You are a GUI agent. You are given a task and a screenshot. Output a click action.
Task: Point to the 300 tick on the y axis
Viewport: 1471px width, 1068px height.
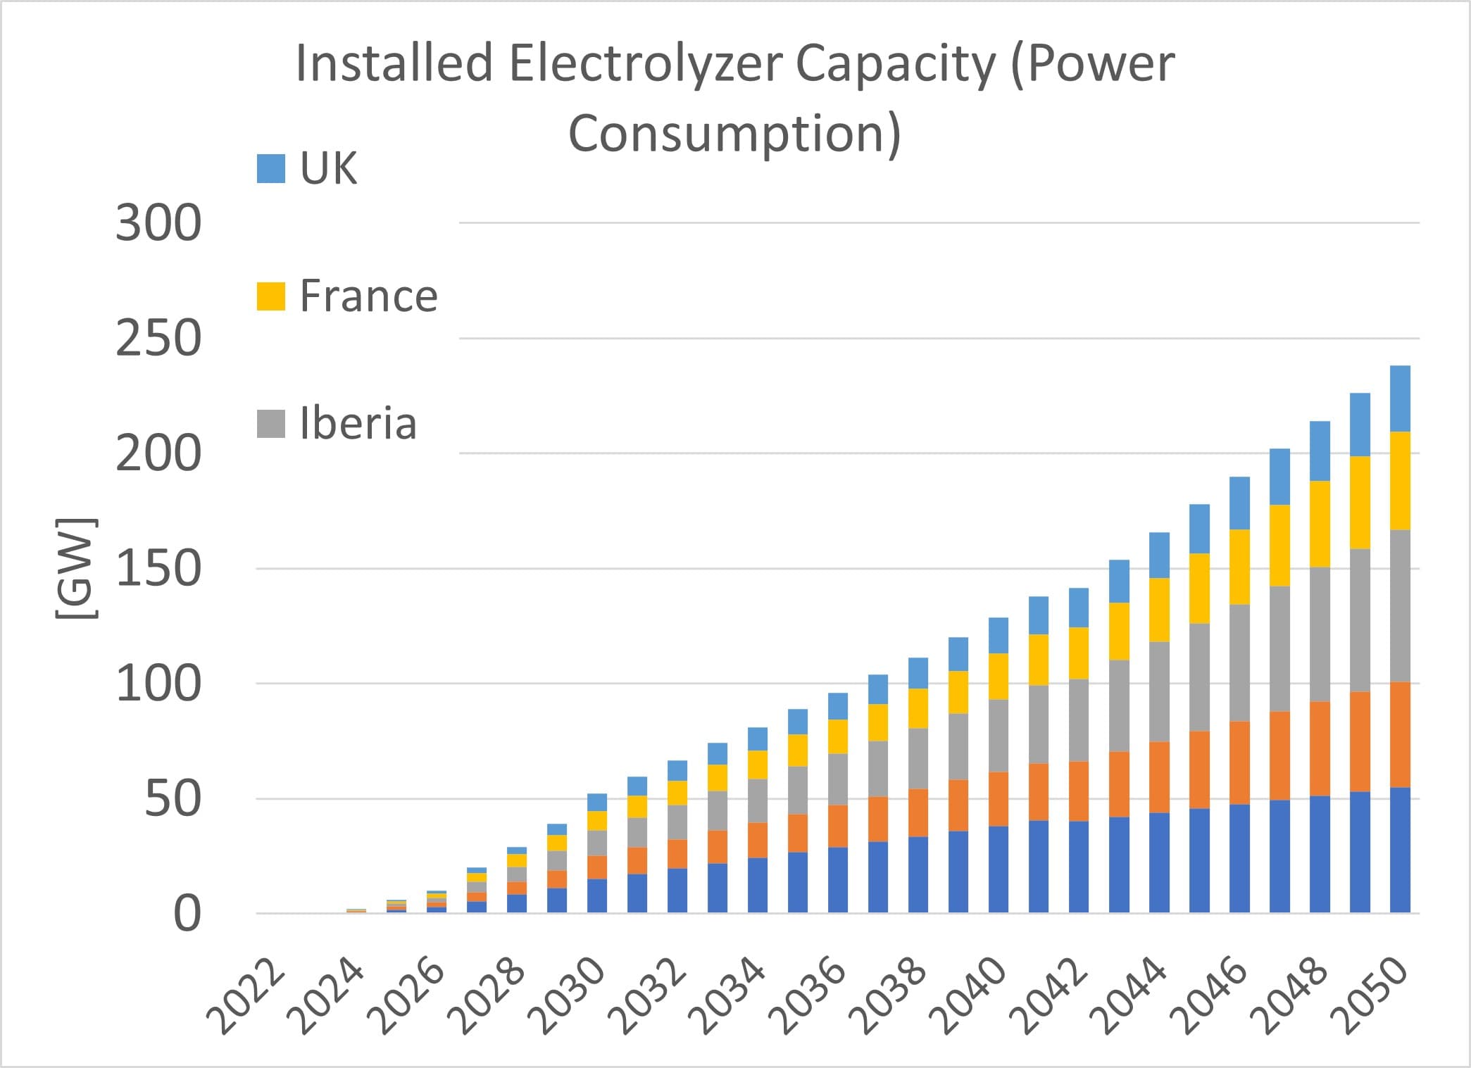tap(158, 223)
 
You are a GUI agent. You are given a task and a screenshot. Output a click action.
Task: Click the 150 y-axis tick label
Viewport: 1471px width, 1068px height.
tap(158, 569)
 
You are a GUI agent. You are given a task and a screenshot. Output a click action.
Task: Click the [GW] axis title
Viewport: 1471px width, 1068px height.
tap(75, 568)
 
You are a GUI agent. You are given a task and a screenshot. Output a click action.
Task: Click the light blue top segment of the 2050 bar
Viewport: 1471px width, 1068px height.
tap(1400, 398)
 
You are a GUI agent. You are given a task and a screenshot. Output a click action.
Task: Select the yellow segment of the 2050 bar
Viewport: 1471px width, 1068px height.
tap(1400, 480)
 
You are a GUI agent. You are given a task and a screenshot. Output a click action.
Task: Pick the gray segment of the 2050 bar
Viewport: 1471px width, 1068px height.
tap(1400, 605)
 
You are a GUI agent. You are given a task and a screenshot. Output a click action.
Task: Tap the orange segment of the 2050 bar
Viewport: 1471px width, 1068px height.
tap(1400, 734)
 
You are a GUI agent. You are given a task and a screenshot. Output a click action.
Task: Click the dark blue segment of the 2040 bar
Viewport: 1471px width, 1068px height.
tap(999, 869)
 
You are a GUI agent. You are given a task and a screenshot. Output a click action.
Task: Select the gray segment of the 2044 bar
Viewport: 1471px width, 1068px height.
tap(1159, 691)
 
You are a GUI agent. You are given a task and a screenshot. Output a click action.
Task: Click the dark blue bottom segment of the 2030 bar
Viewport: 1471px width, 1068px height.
tap(597, 896)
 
